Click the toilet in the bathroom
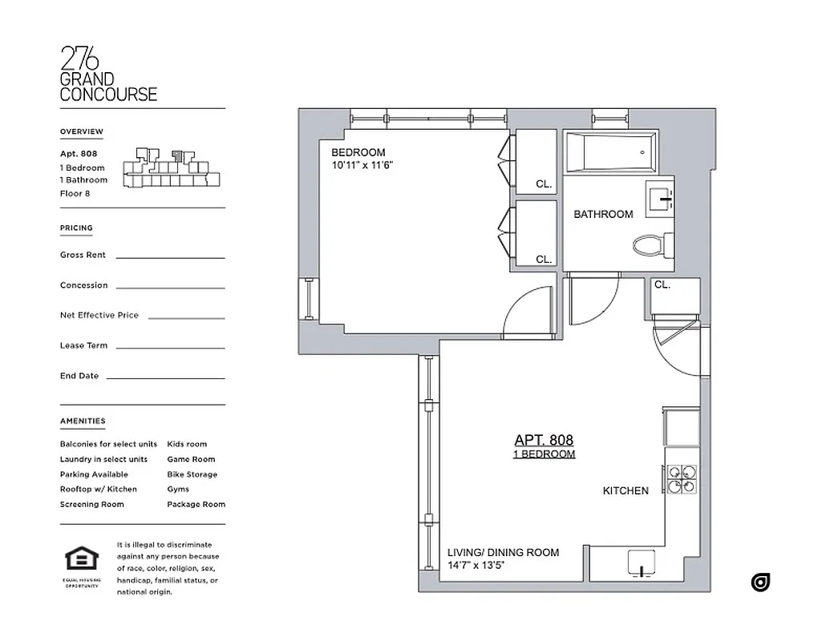(650, 244)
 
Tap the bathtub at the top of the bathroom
(610, 151)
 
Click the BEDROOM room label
(358, 152)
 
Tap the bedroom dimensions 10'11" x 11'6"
(362, 165)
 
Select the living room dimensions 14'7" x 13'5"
(477, 565)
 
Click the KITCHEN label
(626, 490)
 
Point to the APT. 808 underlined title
(544, 440)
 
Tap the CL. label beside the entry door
(662, 284)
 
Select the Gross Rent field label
(83, 255)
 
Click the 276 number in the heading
(79, 59)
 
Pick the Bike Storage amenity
(192, 474)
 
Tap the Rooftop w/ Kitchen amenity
(98, 489)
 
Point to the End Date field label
(78, 376)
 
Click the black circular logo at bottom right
(760, 583)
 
